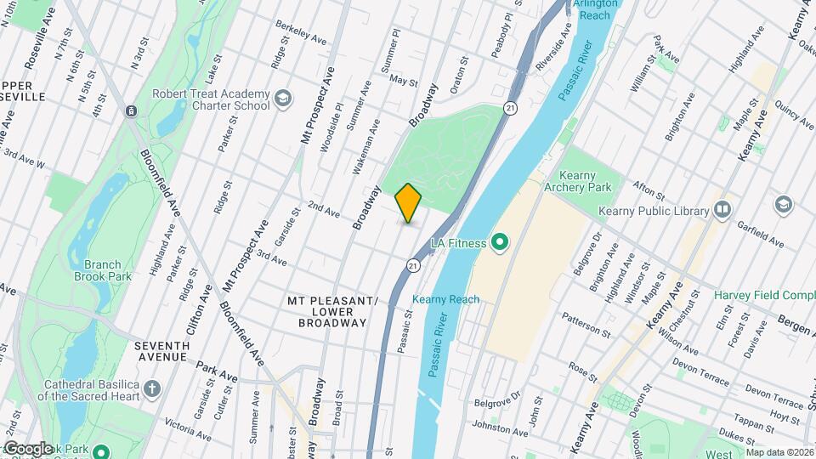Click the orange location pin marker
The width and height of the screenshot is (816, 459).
click(409, 203)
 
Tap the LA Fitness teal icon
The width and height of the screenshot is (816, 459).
click(500, 244)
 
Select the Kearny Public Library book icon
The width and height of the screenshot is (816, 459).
click(722, 208)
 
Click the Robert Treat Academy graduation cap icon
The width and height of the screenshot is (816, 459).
click(283, 101)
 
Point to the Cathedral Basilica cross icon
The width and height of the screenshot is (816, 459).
click(152, 389)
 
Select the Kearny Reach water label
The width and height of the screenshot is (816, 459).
click(445, 299)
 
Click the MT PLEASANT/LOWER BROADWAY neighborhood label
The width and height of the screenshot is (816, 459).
click(332, 312)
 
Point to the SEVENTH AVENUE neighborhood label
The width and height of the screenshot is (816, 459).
click(161, 351)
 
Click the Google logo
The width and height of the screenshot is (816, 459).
click(27, 448)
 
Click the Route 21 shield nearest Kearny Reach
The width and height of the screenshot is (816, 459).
click(413, 265)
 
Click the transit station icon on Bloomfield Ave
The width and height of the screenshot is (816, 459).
click(130, 111)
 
